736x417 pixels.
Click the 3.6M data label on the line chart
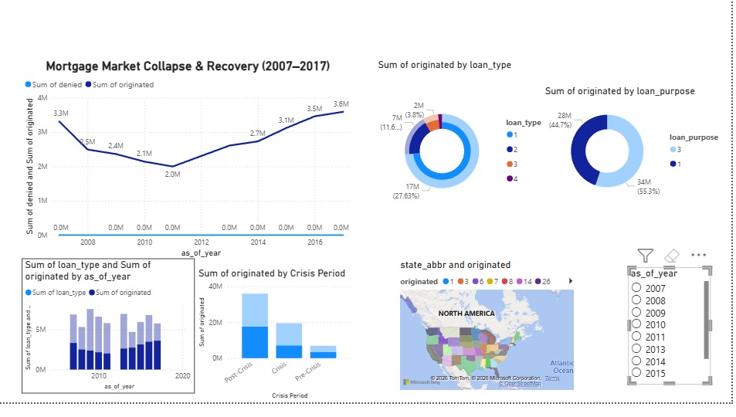(341, 104)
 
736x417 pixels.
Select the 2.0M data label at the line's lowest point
(172, 175)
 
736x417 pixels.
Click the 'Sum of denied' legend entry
(54, 85)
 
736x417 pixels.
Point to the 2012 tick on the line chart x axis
(202, 242)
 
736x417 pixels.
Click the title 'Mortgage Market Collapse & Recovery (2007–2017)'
(188, 67)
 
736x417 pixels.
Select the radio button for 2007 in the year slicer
(637, 288)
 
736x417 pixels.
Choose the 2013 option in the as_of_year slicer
(637, 349)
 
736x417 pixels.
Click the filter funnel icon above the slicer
(646, 255)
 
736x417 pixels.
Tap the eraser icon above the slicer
(672, 255)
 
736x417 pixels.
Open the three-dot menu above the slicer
(699, 255)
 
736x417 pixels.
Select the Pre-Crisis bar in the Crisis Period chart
(322, 352)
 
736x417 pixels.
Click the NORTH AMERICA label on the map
(466, 314)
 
